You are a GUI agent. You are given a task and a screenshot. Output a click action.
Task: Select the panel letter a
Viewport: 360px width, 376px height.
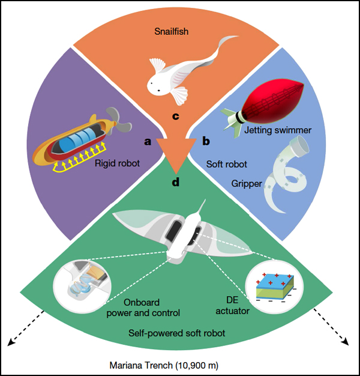pyautogui.click(x=146, y=142)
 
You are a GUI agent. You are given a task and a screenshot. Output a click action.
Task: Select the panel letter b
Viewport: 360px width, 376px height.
pyautogui.click(x=206, y=142)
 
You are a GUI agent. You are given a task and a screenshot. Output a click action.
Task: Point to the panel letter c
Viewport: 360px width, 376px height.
pyautogui.click(x=176, y=115)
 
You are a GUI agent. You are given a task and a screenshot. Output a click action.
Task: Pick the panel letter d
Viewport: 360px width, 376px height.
pyautogui.click(x=175, y=181)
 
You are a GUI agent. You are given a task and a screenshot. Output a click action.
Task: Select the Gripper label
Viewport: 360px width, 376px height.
pyautogui.click(x=247, y=184)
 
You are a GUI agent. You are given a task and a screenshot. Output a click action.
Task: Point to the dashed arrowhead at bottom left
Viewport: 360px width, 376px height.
pyautogui.click(x=10, y=344)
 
